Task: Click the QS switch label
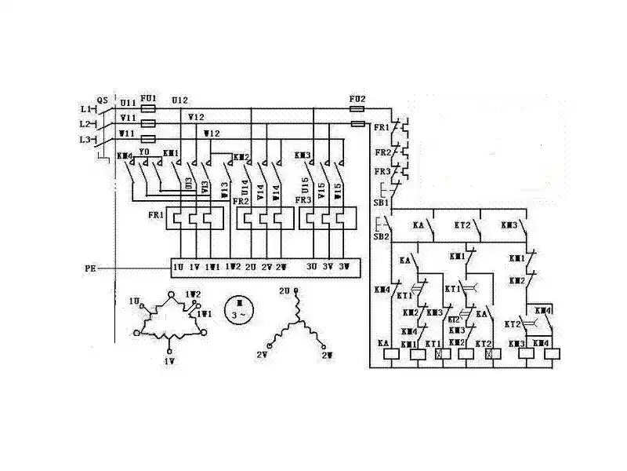click(x=102, y=100)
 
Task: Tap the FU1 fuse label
click(x=148, y=100)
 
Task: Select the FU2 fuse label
click(x=357, y=100)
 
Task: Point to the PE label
click(x=90, y=268)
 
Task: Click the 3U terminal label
click(x=311, y=268)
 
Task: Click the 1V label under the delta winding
click(x=169, y=360)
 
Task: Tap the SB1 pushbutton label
click(x=380, y=202)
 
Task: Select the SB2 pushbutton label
click(x=380, y=236)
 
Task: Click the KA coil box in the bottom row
click(x=390, y=354)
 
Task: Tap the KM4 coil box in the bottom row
click(x=551, y=354)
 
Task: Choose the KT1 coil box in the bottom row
click(x=437, y=354)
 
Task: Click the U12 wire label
click(x=179, y=100)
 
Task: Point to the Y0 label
click(x=143, y=152)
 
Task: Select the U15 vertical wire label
click(x=306, y=188)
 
